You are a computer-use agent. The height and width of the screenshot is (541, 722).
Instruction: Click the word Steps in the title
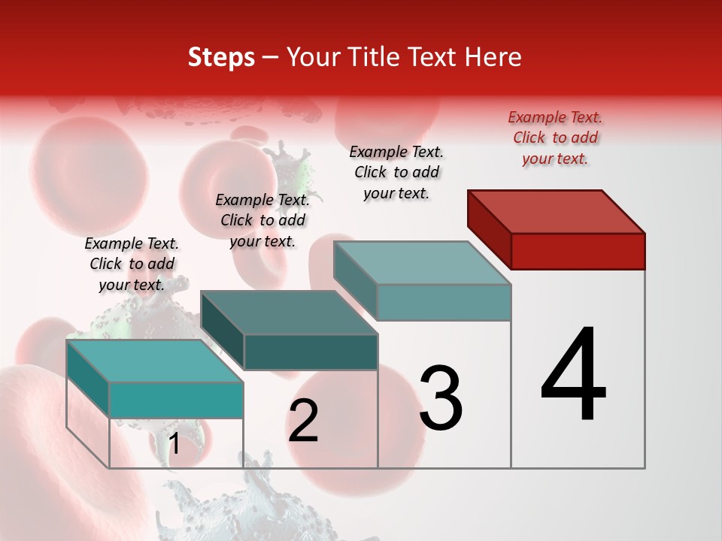(221, 58)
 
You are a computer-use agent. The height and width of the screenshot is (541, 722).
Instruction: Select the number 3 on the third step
(441, 398)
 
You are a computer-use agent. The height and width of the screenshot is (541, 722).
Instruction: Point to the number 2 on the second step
(303, 421)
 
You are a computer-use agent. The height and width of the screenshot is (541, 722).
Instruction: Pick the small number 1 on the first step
(174, 444)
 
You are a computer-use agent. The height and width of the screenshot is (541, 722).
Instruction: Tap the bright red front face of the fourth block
(578, 251)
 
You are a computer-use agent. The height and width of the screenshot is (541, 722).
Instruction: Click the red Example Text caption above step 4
(555, 138)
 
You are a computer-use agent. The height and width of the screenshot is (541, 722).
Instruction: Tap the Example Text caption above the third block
(396, 172)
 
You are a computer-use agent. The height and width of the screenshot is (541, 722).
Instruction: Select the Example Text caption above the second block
(262, 220)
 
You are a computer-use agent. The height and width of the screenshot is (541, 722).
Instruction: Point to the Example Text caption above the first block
(132, 264)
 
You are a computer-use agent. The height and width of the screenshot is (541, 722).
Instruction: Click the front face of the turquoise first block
(176, 400)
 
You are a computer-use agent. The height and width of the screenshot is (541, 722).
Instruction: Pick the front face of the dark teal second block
(311, 352)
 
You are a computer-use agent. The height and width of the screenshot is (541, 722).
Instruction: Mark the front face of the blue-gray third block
(444, 302)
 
